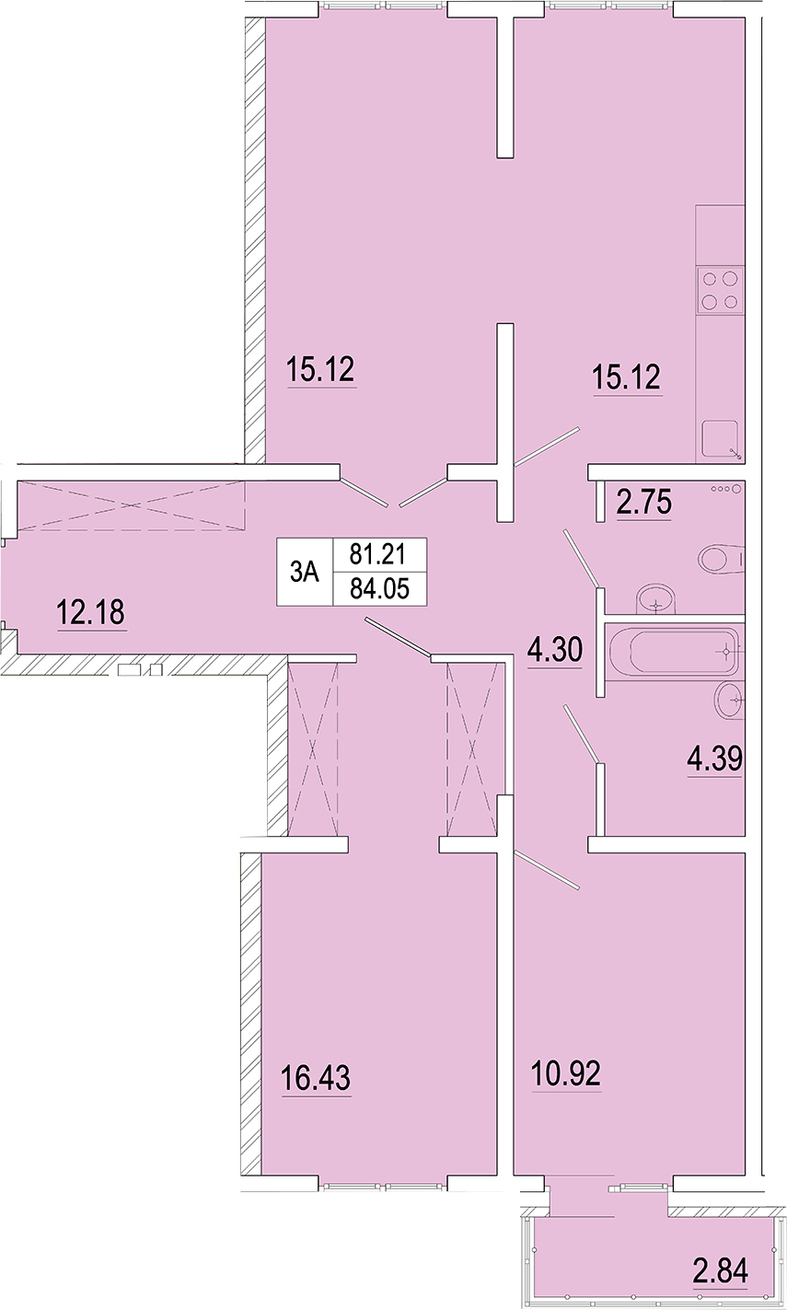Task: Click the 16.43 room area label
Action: point(316,1077)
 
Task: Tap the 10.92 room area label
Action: point(566,1073)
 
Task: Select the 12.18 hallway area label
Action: point(90,612)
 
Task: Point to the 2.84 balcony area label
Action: point(721,1270)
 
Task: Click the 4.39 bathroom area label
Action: point(714,759)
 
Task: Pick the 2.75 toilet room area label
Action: point(644,502)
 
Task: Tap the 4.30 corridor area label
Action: point(555,650)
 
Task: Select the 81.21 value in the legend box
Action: point(377,553)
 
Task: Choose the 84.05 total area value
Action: point(379,588)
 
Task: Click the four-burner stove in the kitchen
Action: point(720,290)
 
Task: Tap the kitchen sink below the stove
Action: point(721,438)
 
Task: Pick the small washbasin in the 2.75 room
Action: point(655,599)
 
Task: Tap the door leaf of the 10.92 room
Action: point(547,870)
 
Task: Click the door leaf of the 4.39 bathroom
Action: point(582,734)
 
